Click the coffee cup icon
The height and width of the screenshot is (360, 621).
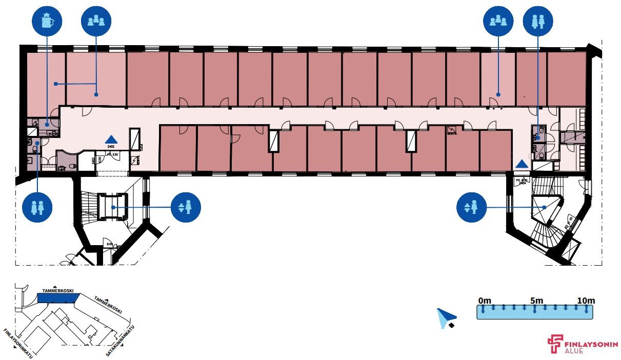[47, 21]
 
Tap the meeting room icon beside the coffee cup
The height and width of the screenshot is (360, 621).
[96, 21]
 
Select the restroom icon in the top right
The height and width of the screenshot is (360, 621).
[537, 21]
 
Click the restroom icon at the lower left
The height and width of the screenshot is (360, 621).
[37, 207]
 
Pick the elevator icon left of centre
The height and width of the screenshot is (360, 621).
[186, 207]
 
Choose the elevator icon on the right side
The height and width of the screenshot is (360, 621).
[471, 207]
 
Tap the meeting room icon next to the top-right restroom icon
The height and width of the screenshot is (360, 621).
[498, 21]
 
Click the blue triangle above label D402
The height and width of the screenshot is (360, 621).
[111, 139]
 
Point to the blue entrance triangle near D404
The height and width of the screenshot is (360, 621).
[522, 164]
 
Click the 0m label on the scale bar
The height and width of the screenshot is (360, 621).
[485, 300]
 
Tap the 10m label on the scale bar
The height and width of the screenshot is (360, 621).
[585, 300]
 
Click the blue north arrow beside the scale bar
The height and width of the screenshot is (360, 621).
[445, 317]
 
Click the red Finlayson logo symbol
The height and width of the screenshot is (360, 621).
[554, 344]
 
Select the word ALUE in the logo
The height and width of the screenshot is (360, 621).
[573, 351]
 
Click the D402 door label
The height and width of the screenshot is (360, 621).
[111, 146]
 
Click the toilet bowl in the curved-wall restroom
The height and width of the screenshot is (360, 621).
[71, 166]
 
